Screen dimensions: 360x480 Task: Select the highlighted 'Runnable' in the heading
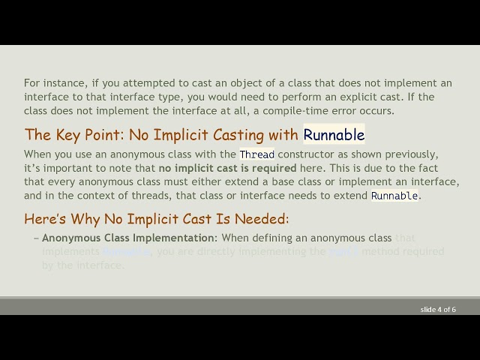(334, 135)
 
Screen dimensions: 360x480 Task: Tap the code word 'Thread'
(257, 154)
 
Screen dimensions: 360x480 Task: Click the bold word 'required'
(273, 168)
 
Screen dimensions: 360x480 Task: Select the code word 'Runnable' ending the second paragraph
(394, 196)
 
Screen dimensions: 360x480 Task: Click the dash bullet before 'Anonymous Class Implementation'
(36, 238)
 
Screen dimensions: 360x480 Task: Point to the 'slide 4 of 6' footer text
(438, 309)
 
